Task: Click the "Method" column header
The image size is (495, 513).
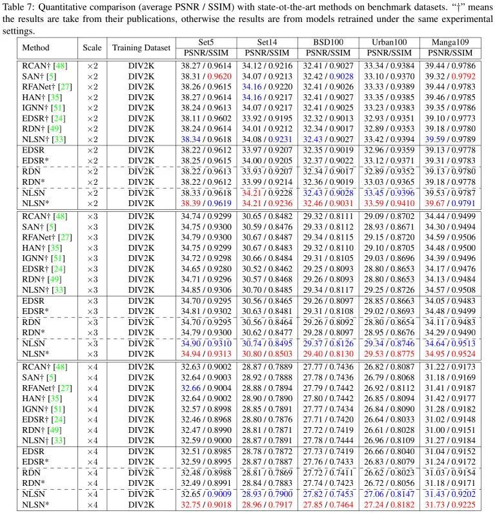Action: point(35,48)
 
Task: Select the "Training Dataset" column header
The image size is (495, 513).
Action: point(141,48)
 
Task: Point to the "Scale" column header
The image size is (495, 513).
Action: point(92,48)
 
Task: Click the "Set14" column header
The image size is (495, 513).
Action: point(266,43)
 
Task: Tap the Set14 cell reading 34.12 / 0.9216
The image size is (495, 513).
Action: point(266,66)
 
